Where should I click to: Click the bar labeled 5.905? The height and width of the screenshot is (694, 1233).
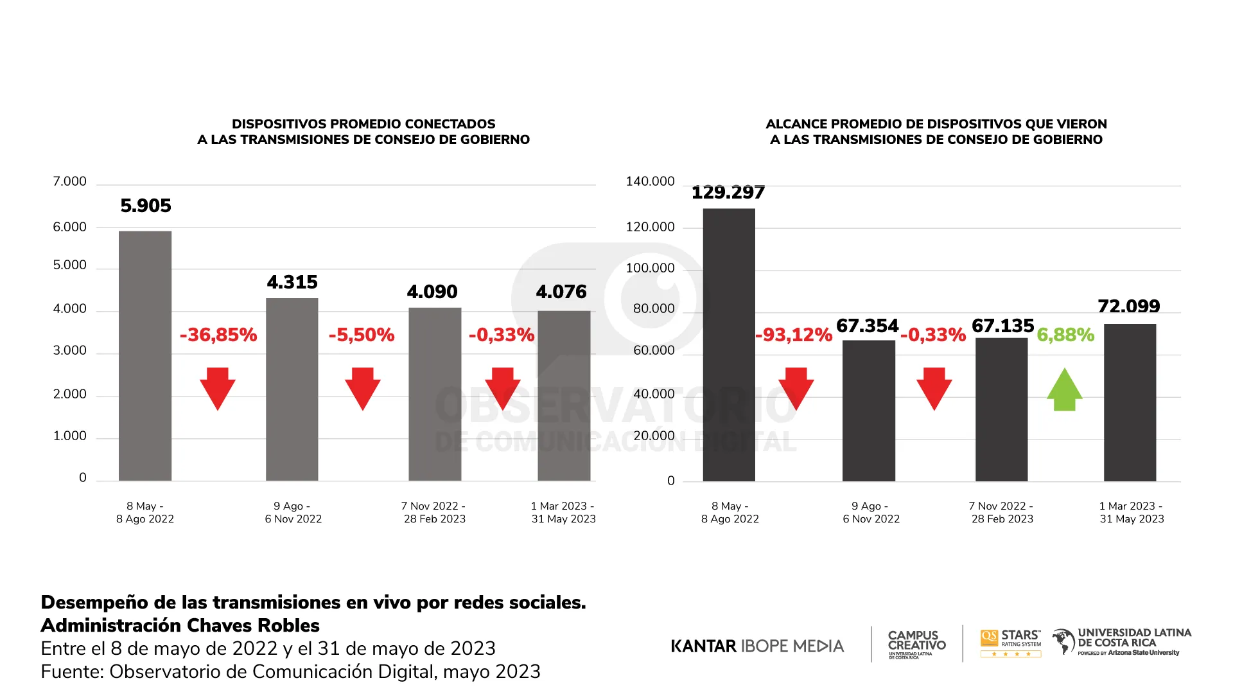145,355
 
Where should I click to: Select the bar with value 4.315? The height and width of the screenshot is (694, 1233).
292,389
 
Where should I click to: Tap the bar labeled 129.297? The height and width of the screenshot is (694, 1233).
729,344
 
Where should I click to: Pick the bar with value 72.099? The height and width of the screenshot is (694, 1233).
1130,402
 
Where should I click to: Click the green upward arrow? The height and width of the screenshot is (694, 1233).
1065,389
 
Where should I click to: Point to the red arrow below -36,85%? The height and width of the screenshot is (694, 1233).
218,388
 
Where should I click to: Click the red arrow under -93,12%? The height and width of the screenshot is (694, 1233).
796,388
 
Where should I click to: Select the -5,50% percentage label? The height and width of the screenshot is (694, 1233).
362,335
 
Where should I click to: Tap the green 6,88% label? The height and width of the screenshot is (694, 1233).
1065,335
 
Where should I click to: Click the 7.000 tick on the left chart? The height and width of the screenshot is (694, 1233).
69,182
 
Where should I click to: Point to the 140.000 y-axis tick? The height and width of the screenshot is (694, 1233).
650,182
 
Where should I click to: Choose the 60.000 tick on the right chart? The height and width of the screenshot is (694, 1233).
654,351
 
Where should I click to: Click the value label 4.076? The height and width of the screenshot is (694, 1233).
561,292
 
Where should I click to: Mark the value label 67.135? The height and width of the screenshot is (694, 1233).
1002,326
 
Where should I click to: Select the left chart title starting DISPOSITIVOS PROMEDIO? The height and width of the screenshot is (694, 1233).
363,132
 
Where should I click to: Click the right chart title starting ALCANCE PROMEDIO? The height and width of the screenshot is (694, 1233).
936,132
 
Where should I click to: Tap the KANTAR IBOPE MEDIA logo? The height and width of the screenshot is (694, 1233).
757,646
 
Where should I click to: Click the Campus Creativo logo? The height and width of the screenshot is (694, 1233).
916,643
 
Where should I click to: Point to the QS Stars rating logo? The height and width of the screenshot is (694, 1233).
1011,643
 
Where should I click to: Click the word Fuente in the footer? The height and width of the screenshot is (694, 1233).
71,672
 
